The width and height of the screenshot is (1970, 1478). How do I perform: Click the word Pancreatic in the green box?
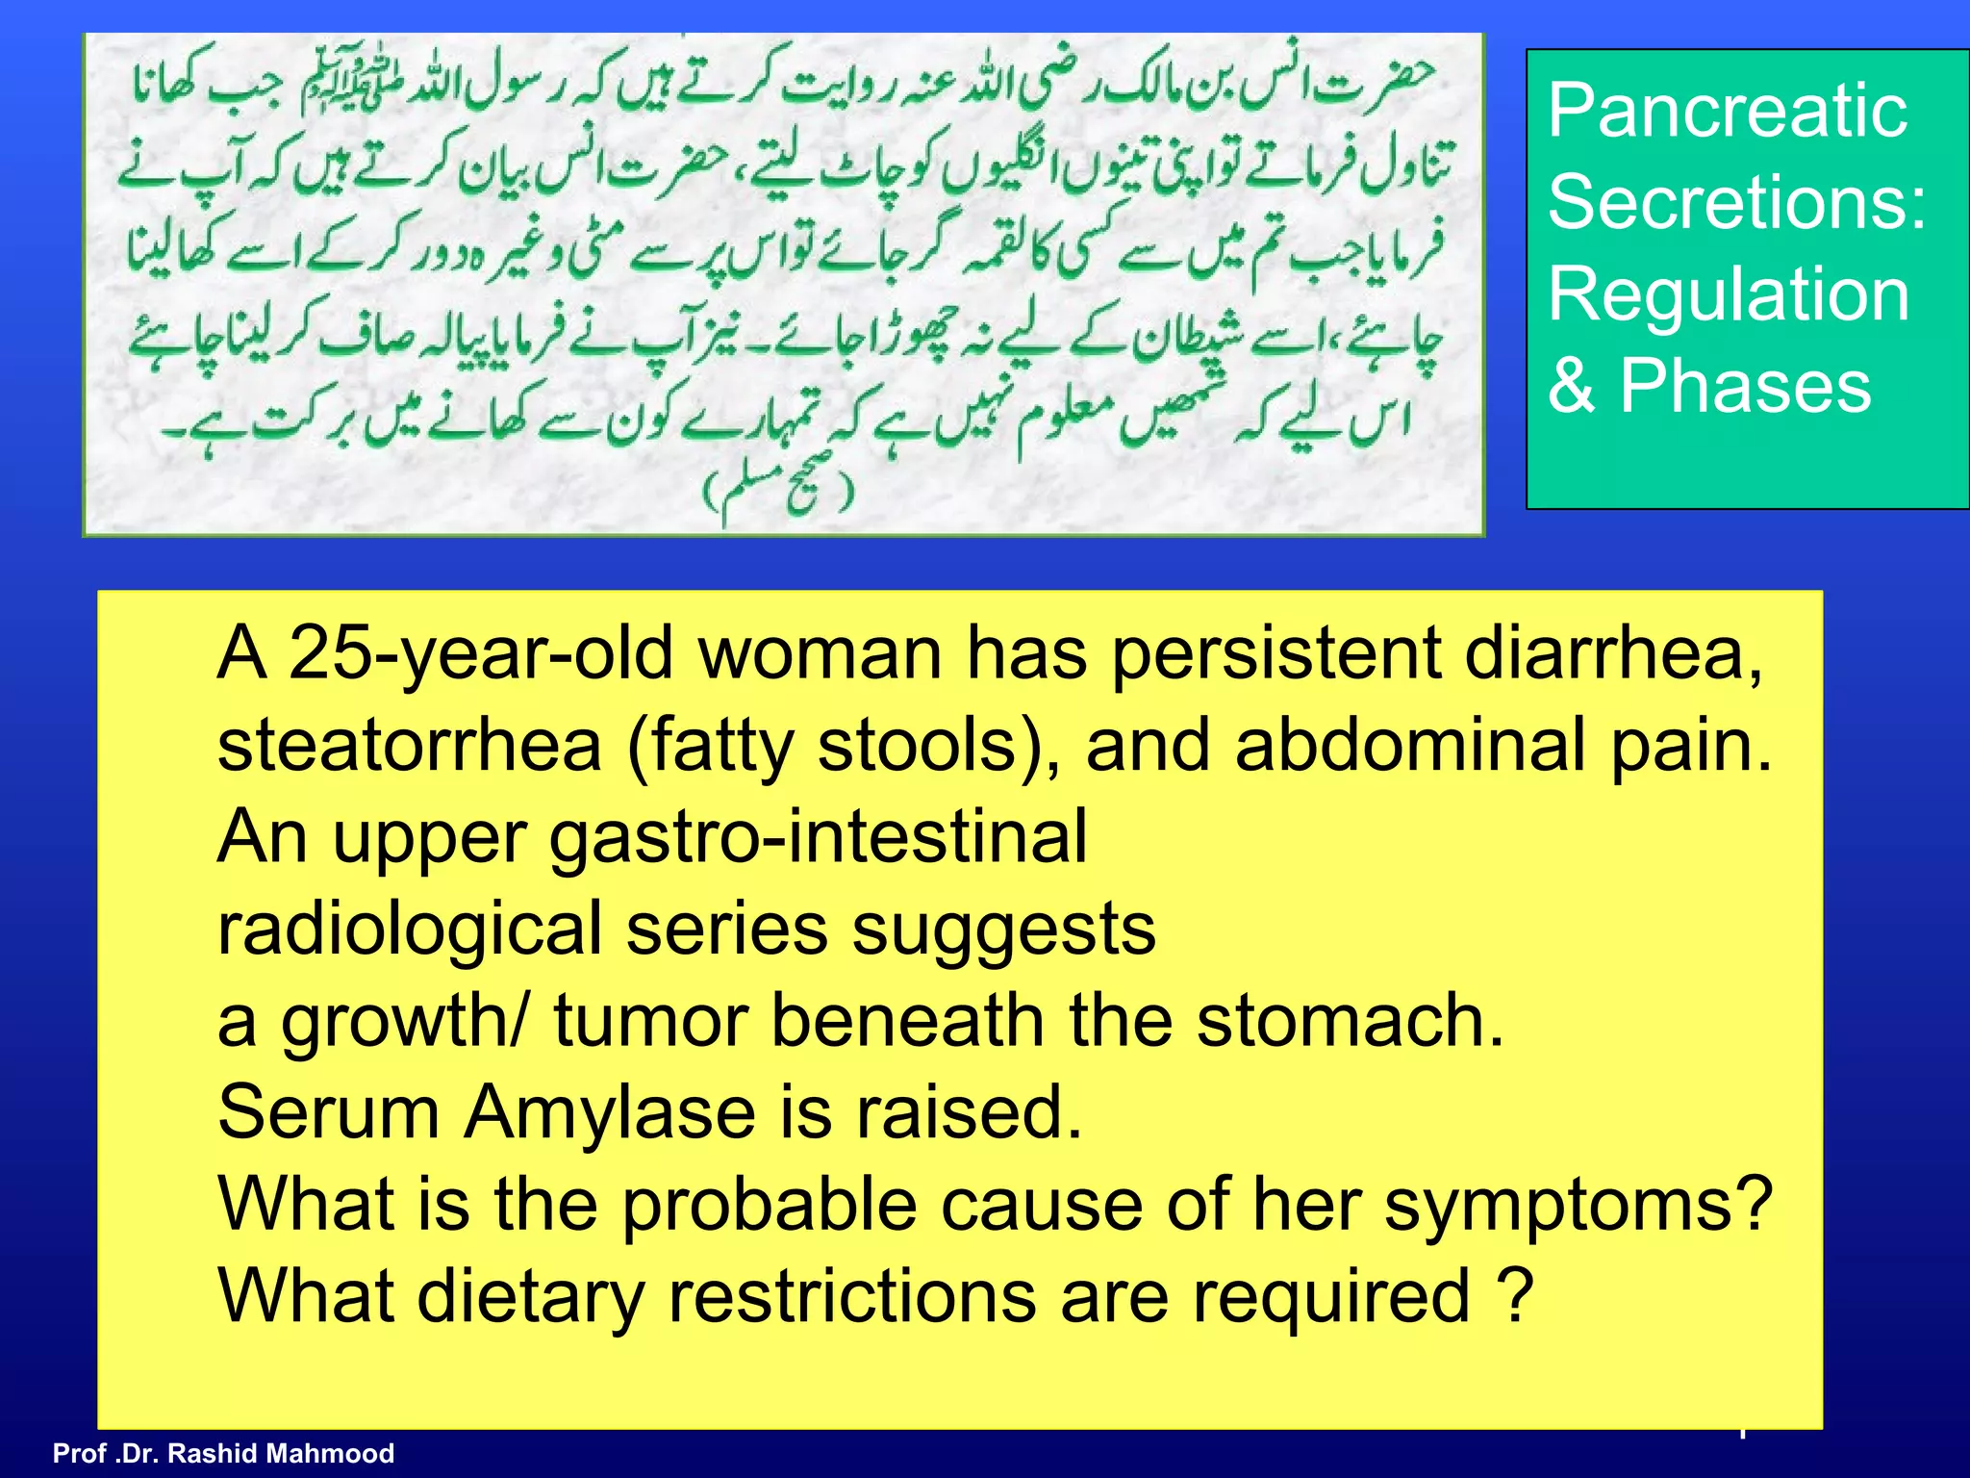pos(1727,113)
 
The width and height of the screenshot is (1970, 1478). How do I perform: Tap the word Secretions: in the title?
pos(1737,203)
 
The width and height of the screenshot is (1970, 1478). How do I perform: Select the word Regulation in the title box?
pos(1729,294)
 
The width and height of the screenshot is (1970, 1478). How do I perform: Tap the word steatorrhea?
pos(409,746)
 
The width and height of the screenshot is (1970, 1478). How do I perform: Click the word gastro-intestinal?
pos(818,837)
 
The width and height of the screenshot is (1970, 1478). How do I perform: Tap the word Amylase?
pos(610,1112)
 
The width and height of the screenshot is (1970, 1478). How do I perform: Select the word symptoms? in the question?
pos(1578,1205)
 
